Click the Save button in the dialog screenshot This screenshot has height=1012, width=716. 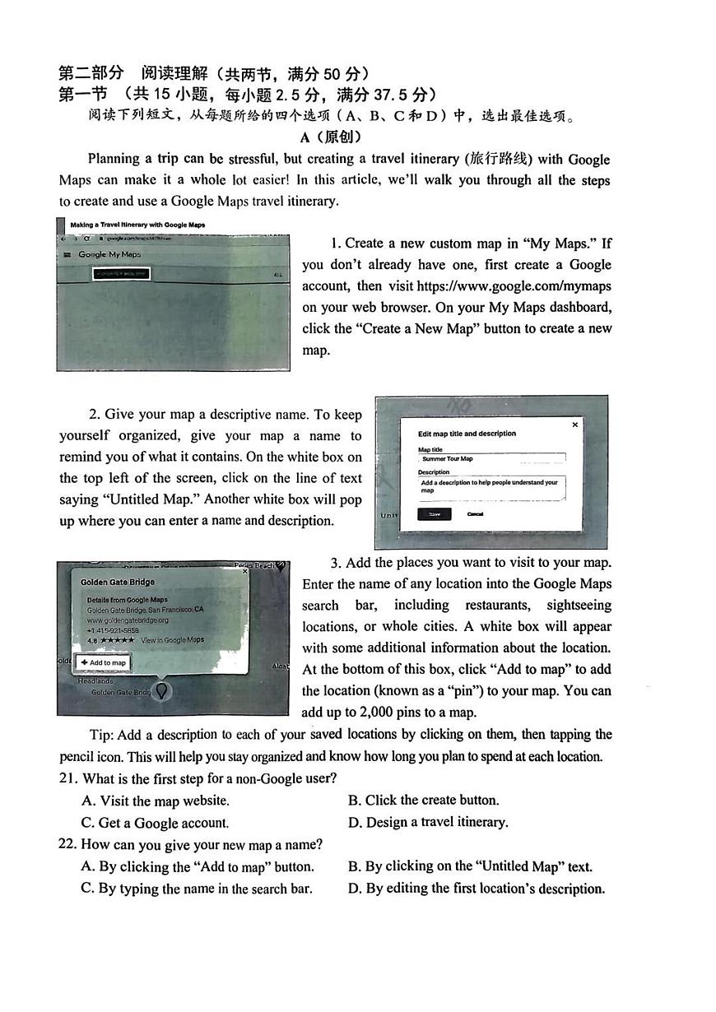pos(434,514)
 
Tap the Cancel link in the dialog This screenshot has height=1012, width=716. pos(475,514)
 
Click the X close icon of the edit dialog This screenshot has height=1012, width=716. pos(574,425)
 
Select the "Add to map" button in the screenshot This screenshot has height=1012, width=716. pos(104,662)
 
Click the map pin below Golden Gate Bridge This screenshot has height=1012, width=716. pos(162,691)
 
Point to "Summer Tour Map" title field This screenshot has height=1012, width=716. pos(491,458)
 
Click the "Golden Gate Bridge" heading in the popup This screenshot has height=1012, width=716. pos(117,582)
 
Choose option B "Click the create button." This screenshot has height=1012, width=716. pos(423,800)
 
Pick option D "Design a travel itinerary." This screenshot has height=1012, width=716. pos(428,822)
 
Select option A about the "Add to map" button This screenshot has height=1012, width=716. pos(198,866)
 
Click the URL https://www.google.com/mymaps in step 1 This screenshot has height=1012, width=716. pos(514,286)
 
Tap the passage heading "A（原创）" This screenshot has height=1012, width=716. pos(331,137)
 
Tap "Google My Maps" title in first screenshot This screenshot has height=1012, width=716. pos(109,254)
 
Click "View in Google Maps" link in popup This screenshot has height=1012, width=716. pos(172,640)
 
